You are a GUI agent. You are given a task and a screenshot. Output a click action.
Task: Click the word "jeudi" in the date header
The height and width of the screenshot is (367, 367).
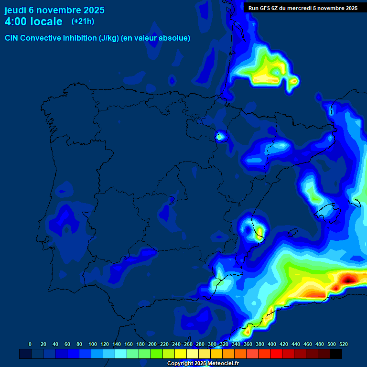click(x=16, y=10)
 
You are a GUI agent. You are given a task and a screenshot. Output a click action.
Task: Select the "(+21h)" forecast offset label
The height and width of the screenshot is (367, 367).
click(x=83, y=21)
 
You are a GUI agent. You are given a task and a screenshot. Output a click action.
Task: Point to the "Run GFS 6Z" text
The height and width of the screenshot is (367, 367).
click(x=266, y=8)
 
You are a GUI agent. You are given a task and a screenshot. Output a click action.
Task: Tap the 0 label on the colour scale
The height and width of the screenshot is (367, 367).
click(x=30, y=344)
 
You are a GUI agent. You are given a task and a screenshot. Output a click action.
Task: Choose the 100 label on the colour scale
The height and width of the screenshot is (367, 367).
click(x=93, y=344)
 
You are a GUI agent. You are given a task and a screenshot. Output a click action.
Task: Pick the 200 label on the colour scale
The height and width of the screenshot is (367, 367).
click(x=152, y=344)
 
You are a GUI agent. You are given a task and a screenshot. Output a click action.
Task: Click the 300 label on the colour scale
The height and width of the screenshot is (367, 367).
click(x=212, y=344)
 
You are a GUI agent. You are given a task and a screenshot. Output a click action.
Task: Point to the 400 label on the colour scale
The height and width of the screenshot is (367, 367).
click(x=272, y=344)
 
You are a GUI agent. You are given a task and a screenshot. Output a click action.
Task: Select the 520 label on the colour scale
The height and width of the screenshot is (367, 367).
click(x=344, y=344)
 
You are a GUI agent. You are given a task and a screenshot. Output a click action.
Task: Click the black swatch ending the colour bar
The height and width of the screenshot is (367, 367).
click(x=336, y=354)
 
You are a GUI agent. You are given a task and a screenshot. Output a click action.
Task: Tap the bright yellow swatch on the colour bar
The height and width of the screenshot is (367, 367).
click(x=181, y=354)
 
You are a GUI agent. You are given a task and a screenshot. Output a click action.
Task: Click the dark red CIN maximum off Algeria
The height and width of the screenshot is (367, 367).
click(x=349, y=278)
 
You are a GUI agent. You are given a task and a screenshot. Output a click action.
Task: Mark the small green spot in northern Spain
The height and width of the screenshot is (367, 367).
click(x=220, y=137)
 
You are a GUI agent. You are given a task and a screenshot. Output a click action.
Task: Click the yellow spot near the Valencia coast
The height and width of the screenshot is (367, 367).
click(x=259, y=233)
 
